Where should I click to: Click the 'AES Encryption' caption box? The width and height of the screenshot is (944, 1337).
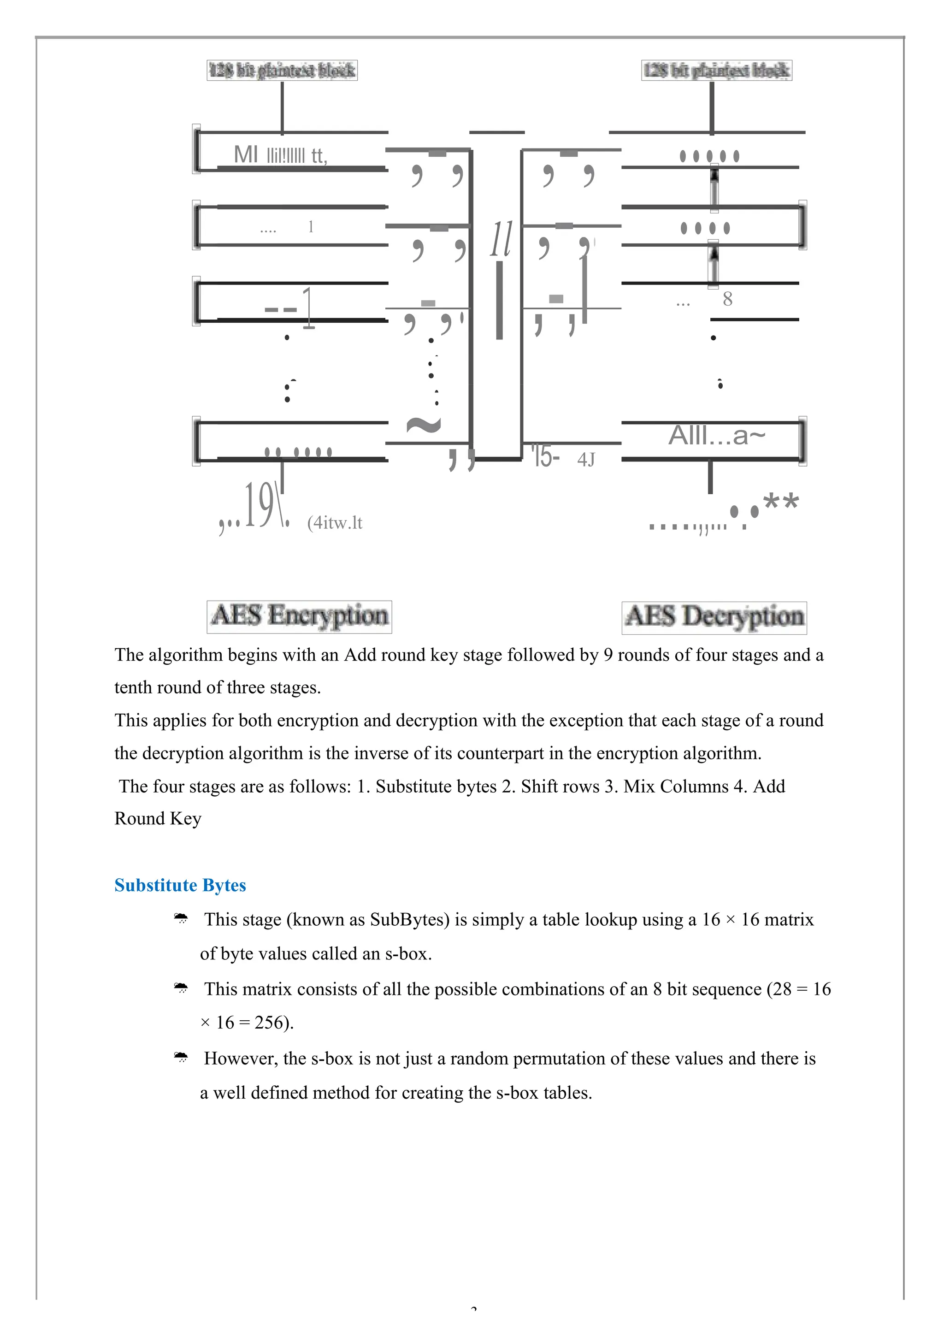coord(299,617)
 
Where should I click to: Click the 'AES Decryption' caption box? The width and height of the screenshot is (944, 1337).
coord(714,617)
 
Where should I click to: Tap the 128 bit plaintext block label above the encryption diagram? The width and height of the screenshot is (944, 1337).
coord(282,71)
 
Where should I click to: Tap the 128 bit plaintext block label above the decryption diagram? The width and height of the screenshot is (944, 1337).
coord(716,71)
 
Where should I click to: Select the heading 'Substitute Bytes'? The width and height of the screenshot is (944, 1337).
coord(180,886)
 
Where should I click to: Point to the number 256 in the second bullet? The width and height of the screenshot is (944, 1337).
coord(268,1023)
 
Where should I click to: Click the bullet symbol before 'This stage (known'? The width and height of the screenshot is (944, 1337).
coord(181,919)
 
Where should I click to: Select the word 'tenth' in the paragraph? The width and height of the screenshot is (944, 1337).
coord(133,688)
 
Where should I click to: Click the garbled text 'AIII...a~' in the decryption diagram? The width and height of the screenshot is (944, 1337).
coord(716,436)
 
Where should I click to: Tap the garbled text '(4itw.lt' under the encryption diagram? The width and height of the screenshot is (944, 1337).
coord(335,522)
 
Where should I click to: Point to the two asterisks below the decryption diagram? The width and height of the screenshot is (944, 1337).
coord(780,502)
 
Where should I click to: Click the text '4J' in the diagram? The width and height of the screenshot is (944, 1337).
coord(586,460)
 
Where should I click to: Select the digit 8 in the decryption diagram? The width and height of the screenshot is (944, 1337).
coord(727,299)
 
